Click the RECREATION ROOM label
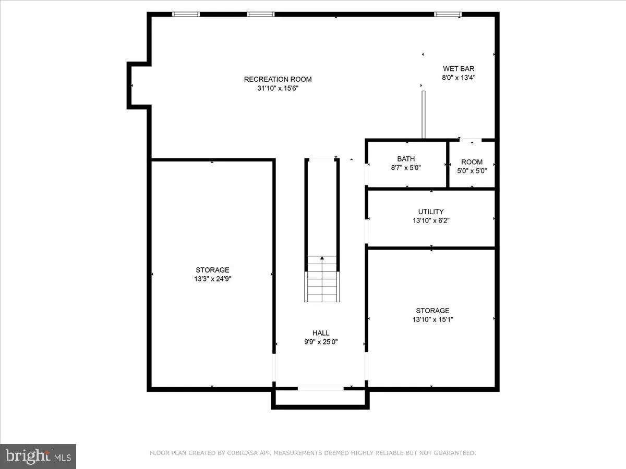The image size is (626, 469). point(278,79)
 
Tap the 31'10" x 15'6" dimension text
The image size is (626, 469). point(278,88)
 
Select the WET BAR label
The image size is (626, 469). point(459,68)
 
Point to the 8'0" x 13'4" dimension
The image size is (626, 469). point(459,77)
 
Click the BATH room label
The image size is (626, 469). point(406,159)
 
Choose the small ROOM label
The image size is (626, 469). point(472,162)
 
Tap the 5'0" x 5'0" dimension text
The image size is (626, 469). point(472,170)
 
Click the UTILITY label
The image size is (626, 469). point(431,212)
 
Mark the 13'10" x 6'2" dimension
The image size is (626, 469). point(431,220)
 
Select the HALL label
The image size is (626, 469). point(321,333)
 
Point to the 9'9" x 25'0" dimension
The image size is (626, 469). point(321,342)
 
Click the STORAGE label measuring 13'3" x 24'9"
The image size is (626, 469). point(212,270)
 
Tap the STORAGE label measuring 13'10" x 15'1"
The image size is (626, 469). point(432,311)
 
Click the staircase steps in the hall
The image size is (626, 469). point(322,284)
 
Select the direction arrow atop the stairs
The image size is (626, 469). point(322,257)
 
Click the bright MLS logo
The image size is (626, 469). point(38,456)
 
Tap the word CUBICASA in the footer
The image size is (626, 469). point(240,453)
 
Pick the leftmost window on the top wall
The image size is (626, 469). point(186,14)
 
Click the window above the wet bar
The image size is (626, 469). point(448,14)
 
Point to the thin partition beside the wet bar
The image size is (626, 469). point(424,115)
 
